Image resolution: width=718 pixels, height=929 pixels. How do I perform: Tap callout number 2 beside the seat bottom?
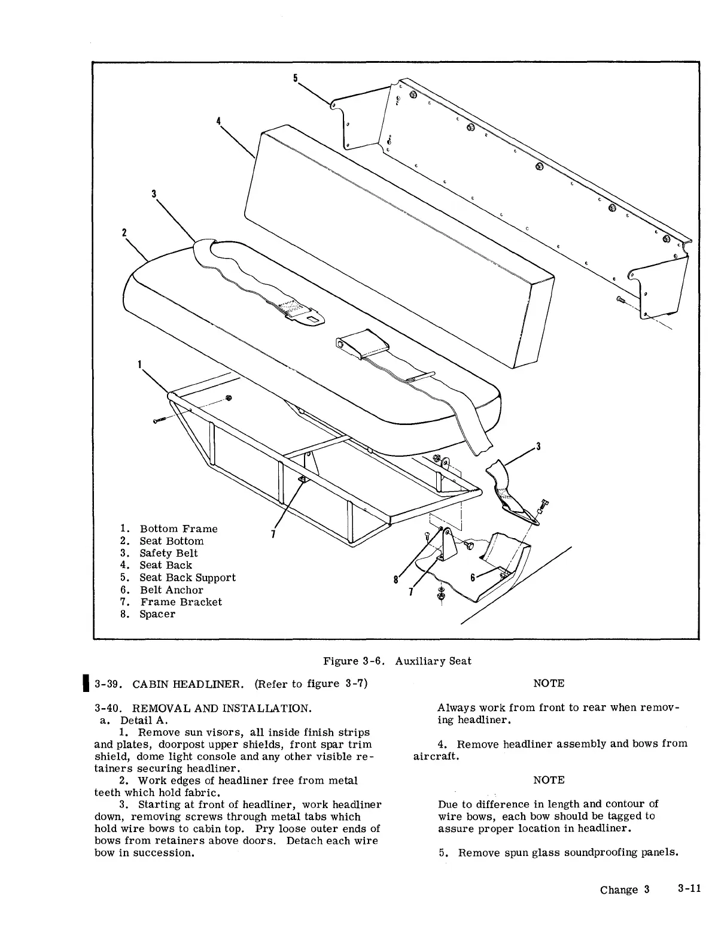pos(124,232)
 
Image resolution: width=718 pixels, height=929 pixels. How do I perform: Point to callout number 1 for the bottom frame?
pos(139,363)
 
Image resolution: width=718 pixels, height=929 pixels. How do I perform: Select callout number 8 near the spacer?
pos(395,579)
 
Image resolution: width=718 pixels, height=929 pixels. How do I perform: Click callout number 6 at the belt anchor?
pos(473,578)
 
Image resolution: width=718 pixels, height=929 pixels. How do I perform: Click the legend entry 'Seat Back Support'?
pos(187,578)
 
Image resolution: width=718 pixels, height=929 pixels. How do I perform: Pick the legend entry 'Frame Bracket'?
pos(181,602)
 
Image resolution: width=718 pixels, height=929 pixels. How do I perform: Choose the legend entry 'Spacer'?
pos(157,614)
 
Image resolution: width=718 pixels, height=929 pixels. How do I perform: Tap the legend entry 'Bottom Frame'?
pos(178,529)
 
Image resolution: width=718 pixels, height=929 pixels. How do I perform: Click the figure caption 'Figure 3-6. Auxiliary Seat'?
pos(397,661)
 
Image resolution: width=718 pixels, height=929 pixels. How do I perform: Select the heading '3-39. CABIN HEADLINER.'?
pos(169,684)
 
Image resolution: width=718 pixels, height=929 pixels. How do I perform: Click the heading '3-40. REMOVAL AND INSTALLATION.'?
pos(203,708)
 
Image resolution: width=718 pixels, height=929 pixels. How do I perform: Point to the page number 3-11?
pos(689,888)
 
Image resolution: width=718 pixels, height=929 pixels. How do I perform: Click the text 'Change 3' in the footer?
pos(625,889)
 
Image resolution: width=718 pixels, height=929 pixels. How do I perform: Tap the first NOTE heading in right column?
pos(549,683)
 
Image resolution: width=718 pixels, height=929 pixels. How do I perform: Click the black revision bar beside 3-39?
pos(87,683)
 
